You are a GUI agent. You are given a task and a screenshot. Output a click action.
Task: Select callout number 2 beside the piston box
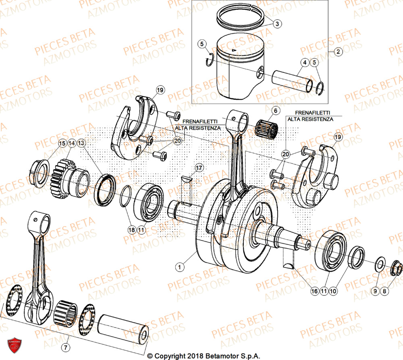(x=338, y=52)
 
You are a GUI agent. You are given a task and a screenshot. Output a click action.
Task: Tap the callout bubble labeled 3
(x=277, y=24)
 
